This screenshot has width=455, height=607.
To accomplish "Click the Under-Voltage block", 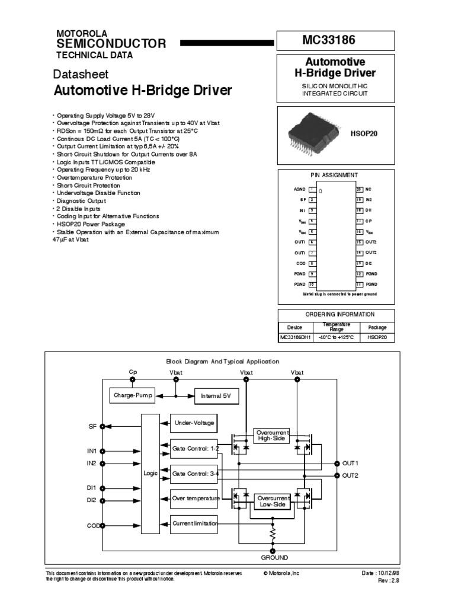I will pyautogui.click(x=194, y=423).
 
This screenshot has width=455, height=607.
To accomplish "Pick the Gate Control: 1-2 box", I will pyautogui.click(x=194, y=449).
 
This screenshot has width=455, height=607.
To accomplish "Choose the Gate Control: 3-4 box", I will pyautogui.click(x=194, y=474).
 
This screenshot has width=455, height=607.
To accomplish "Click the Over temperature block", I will pyautogui.click(x=194, y=499).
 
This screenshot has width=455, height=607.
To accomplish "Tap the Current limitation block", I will pyautogui.click(x=194, y=523).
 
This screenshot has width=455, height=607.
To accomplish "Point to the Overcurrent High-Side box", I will pyautogui.click(x=273, y=436).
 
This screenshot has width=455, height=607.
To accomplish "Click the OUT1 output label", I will pyautogui.click(x=351, y=462).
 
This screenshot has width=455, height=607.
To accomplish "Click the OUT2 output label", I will pyautogui.click(x=351, y=475).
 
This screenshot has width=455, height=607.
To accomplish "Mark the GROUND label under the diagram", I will pyautogui.click(x=274, y=558).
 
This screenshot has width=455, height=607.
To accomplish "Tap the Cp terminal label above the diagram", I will pyautogui.click(x=133, y=372).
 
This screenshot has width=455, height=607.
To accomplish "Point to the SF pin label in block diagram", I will pyautogui.click(x=92, y=426).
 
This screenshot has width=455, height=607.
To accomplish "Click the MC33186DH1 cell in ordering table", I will pyautogui.click(x=294, y=337).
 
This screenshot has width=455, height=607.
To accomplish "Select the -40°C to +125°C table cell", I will pyautogui.click(x=335, y=337).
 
